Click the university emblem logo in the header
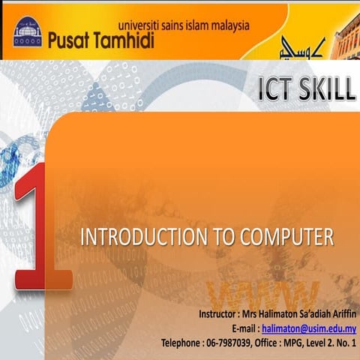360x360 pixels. tap(28, 34)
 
